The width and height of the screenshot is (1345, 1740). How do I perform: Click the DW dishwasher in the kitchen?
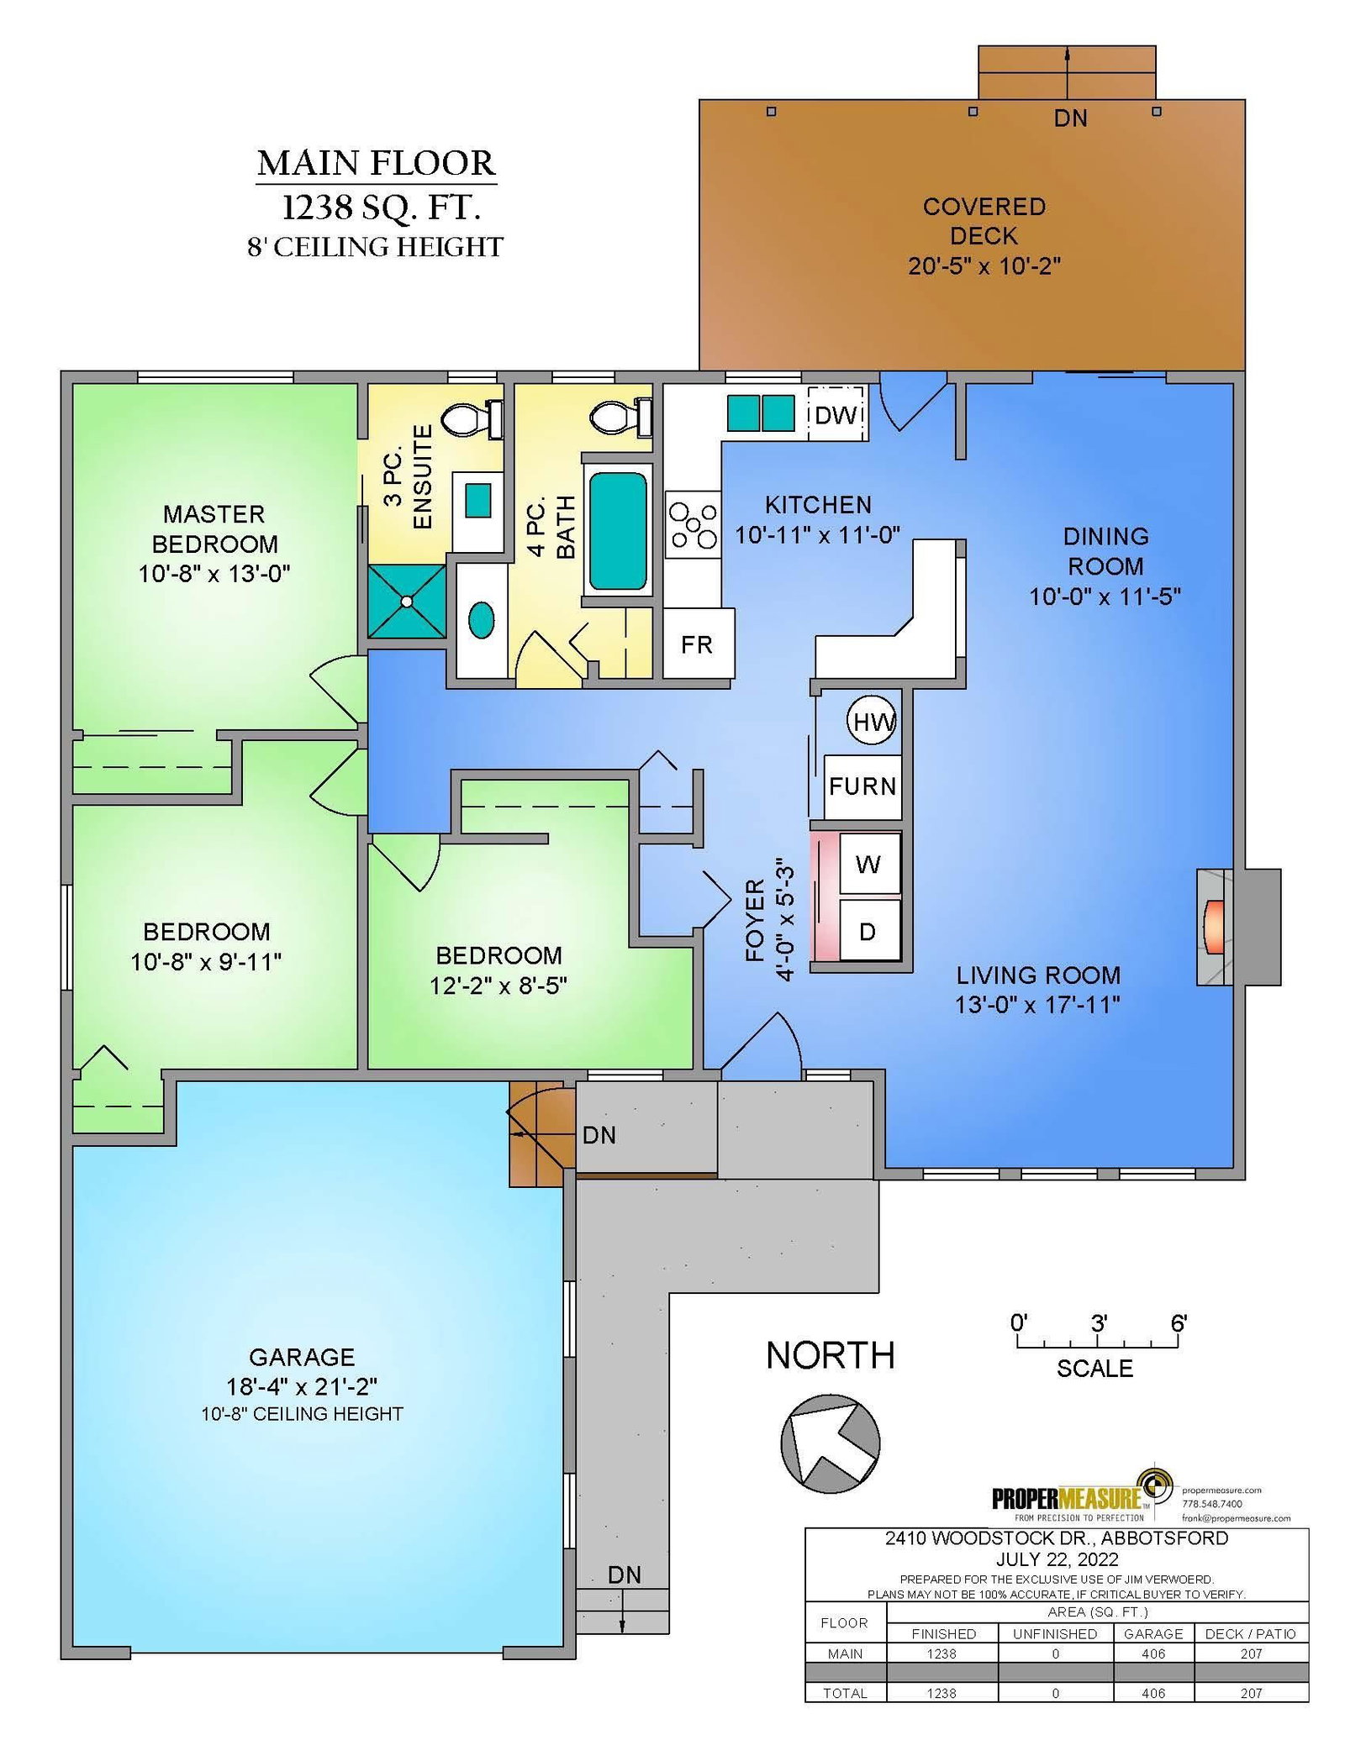point(836,413)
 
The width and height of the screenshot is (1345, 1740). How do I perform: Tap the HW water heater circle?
point(873,721)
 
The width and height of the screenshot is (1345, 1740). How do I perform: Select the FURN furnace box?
point(862,786)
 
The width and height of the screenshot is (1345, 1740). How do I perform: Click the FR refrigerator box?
point(699,644)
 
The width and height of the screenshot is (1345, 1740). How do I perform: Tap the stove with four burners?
point(694,525)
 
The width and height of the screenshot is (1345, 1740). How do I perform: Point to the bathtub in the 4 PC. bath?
point(618,530)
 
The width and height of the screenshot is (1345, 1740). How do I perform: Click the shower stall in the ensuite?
point(407,601)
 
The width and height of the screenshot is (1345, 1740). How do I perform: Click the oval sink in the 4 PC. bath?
point(481,620)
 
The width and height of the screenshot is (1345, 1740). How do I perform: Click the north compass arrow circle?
point(830,1444)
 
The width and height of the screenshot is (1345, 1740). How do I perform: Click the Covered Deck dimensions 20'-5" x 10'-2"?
point(984,266)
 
